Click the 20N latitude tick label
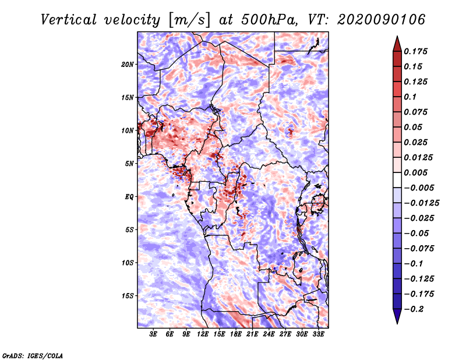pos(128,64)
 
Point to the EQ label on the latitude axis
pos(129,197)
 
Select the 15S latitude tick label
pos(128,296)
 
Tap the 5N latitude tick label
pos(130,164)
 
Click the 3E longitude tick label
pos(154,334)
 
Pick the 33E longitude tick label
pos(318,334)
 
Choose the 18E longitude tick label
pos(236,334)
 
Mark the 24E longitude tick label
pos(269,334)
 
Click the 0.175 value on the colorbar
pos(417,51)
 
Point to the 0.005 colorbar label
pos(417,173)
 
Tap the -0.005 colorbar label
pos(419,188)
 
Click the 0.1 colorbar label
pos(412,97)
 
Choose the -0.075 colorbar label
pos(419,249)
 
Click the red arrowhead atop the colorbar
pos(396,42)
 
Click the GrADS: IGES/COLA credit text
pos(33,355)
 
